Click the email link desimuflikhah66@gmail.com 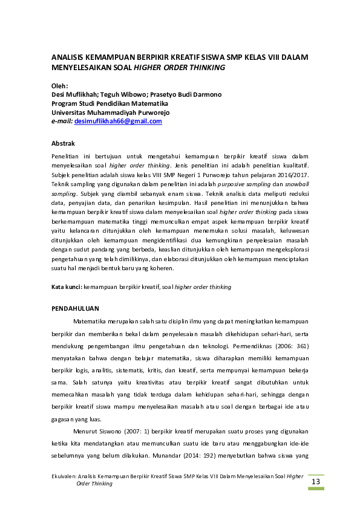(x=117, y=122)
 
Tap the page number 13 (x=315, y=481)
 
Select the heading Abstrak (x=63, y=144)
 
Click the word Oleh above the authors (x=59, y=86)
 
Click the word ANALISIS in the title (x=68, y=57)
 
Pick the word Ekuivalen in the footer (x=63, y=477)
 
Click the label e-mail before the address (x=61, y=122)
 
